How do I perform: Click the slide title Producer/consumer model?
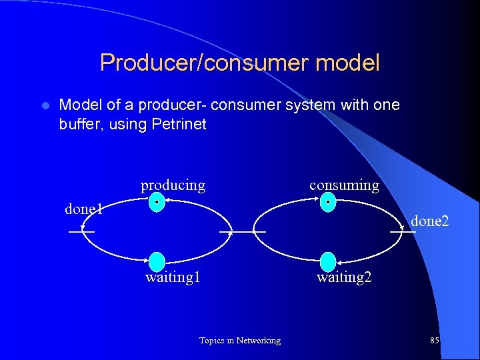(x=239, y=63)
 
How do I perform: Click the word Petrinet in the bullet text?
(x=181, y=123)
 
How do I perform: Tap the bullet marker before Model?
(x=45, y=106)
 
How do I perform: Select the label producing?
(x=173, y=185)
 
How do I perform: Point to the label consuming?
(x=344, y=185)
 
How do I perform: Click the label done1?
(x=83, y=209)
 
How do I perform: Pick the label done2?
(x=429, y=221)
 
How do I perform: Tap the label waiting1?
(x=173, y=277)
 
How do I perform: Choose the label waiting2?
(x=344, y=277)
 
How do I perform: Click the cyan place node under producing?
(x=156, y=202)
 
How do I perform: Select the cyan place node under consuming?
(x=327, y=202)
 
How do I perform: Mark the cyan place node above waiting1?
(x=157, y=262)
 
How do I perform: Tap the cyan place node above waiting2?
(x=328, y=262)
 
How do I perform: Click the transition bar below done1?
(x=81, y=231)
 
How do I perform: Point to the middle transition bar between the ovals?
(x=243, y=231)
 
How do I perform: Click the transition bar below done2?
(x=403, y=231)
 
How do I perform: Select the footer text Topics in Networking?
(x=239, y=341)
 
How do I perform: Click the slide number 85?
(x=435, y=341)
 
